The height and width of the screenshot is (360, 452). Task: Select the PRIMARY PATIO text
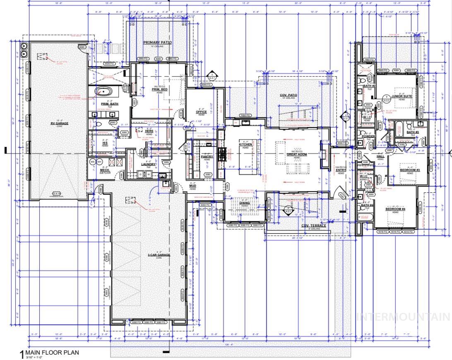point(158,43)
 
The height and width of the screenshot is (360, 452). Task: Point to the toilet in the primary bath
point(101,124)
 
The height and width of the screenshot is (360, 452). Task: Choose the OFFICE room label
point(201,112)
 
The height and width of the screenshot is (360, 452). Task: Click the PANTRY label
point(207,157)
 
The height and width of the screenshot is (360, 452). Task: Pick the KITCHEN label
point(245,144)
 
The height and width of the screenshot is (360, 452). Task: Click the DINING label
point(244,203)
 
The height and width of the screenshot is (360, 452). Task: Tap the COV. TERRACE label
point(313,226)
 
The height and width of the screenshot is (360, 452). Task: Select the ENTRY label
point(341,170)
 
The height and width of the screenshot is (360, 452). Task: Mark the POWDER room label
point(368,136)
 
